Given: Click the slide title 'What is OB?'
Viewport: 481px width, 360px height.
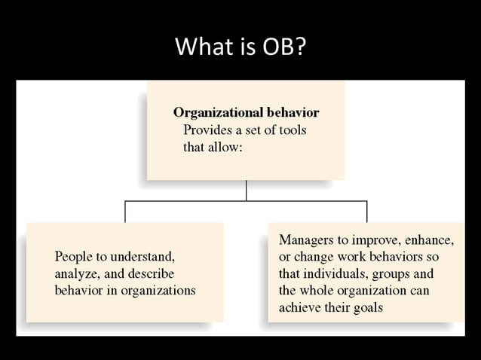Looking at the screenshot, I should tap(240, 47).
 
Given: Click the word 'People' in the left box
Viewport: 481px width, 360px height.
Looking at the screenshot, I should tap(74, 256).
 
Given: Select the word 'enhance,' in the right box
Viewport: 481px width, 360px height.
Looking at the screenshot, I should tap(428, 240).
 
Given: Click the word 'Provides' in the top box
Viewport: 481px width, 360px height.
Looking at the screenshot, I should tap(207, 130).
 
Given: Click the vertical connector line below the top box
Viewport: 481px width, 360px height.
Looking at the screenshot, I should tap(246, 191).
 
